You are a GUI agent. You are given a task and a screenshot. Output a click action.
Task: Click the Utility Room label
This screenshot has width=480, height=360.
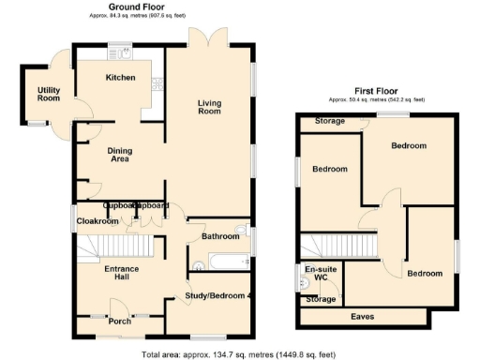point(49,93)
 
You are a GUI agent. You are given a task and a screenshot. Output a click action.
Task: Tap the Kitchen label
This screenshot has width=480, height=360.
point(120,77)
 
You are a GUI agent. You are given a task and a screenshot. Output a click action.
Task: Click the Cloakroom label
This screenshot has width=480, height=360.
point(97,221)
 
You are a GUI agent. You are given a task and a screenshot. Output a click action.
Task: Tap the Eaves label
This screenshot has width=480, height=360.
point(363,316)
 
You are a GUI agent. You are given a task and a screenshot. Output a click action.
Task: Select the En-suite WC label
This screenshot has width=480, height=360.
point(319,273)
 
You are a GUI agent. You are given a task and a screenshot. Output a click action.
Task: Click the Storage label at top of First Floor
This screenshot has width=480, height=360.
point(328,121)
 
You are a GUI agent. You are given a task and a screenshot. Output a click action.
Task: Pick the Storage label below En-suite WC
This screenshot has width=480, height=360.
point(320,299)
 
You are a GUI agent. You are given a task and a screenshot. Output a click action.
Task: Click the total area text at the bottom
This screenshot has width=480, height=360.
point(239,354)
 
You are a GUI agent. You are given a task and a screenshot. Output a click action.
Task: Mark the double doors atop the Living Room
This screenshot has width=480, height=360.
point(205,40)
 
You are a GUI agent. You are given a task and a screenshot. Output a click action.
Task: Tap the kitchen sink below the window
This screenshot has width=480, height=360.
point(120,54)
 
